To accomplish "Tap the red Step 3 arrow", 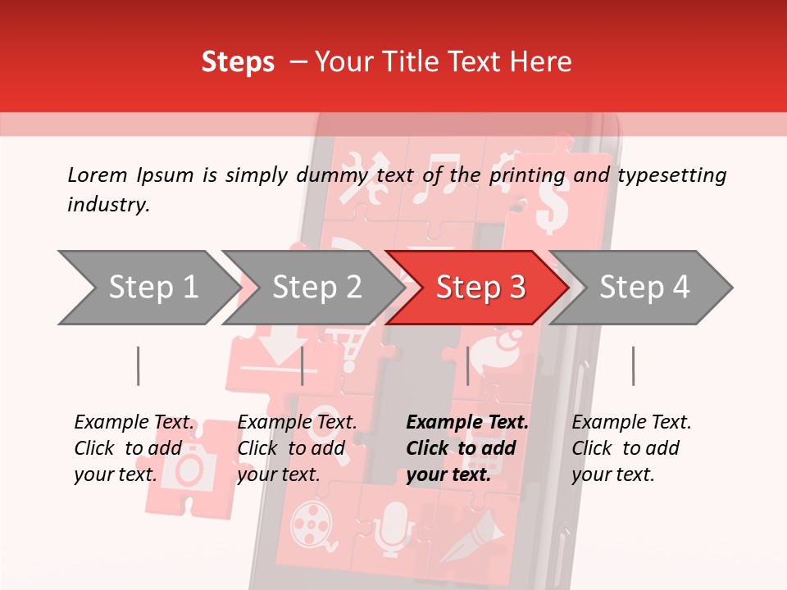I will coord(480,288).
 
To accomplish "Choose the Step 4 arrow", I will coord(644,288).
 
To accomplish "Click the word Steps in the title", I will coord(238,62).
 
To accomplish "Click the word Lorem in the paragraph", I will coord(98,175).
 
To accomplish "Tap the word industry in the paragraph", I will coord(107,205).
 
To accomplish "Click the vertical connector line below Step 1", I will coord(138,365).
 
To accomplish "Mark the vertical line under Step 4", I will coord(633,365).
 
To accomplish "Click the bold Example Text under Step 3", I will coord(467,423).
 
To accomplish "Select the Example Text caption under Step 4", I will coord(631,423).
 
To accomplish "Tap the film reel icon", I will coord(311,521).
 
